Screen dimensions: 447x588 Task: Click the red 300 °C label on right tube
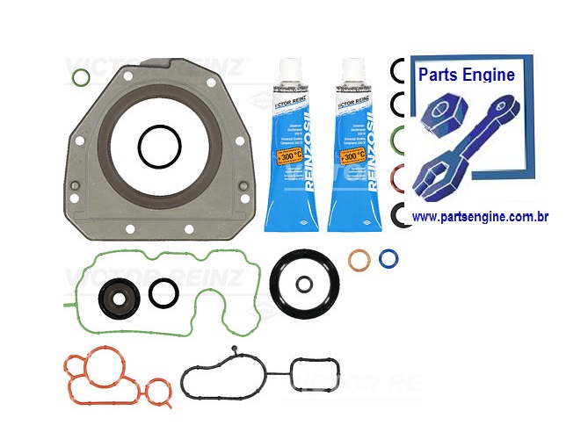[352, 155]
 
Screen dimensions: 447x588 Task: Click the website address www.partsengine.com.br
[480, 216]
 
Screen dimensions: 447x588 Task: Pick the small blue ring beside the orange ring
[388, 258]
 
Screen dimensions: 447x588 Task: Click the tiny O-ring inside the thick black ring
[303, 285]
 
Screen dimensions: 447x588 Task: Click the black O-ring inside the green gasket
[163, 293]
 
